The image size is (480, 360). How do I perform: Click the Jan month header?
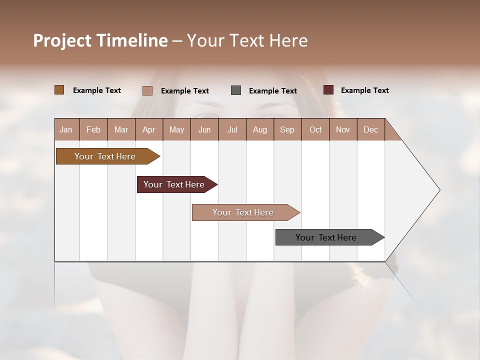pos(66,129)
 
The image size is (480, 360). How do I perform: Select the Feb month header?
pos(93,129)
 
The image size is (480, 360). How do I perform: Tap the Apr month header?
pos(149,129)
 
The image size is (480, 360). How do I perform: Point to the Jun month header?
pos(204,129)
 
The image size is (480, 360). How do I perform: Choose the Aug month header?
pos(260,129)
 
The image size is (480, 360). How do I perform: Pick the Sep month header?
pos(287,129)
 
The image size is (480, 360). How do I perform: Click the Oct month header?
pos(315,129)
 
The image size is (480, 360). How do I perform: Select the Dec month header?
pos(371,129)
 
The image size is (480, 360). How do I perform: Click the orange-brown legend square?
pos(59,90)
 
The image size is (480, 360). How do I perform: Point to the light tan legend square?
pos(147,90)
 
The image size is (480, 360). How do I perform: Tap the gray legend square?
pos(236,90)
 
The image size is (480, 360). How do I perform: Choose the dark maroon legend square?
pos(328,90)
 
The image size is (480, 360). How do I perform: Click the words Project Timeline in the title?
pos(100,40)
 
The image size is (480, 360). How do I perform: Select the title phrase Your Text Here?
pos(247,40)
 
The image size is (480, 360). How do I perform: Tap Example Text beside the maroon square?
pos(364,90)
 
